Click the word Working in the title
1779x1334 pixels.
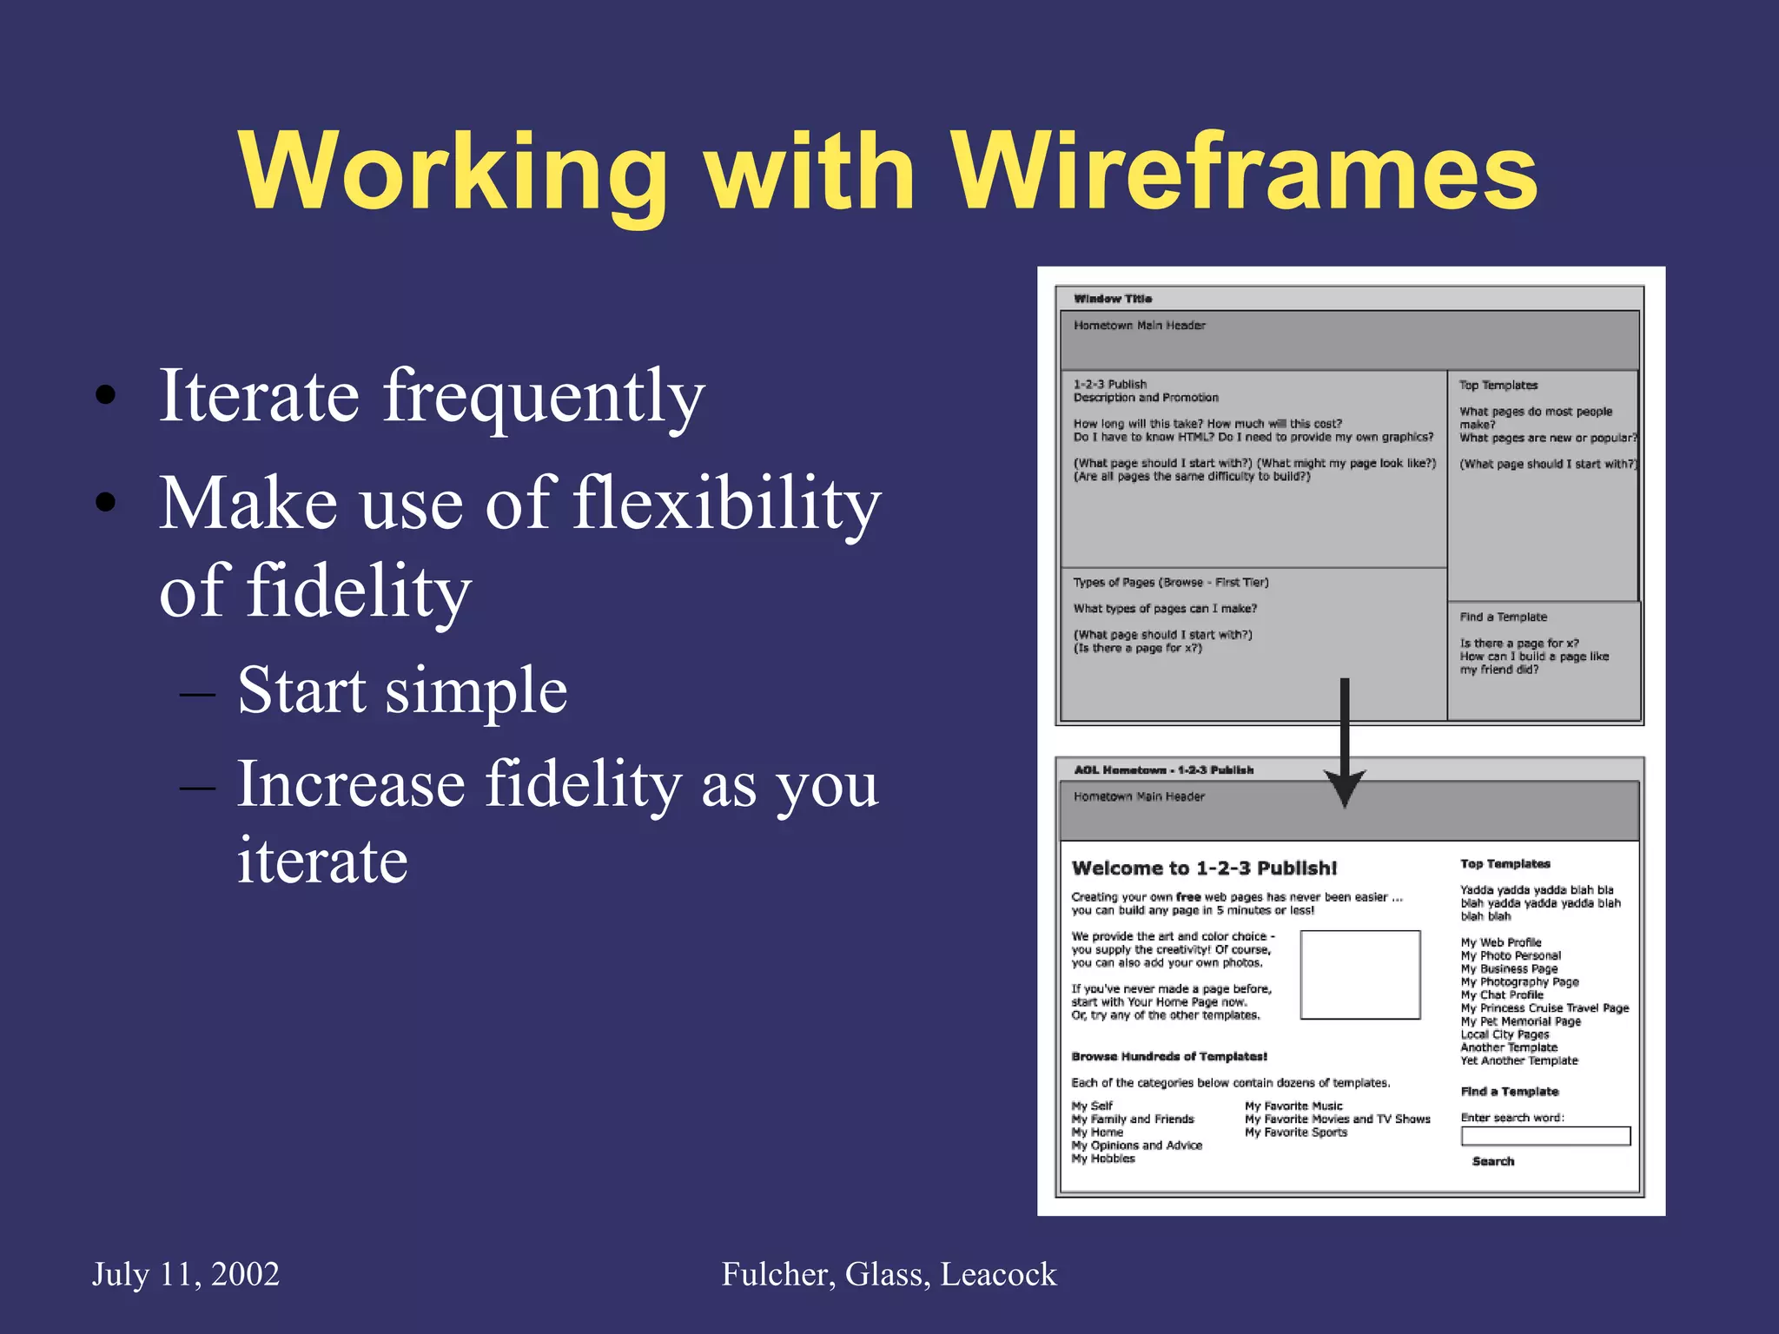(x=453, y=171)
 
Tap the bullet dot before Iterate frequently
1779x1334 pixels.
(x=106, y=395)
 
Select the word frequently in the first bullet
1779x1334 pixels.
(x=544, y=398)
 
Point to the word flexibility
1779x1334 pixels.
(x=727, y=504)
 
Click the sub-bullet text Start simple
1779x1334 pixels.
(x=402, y=690)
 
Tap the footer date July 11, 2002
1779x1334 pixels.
(x=186, y=1274)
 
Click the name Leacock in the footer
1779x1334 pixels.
(x=998, y=1274)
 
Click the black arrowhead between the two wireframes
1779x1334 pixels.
(x=1344, y=786)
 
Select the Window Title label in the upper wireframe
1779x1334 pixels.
(x=1113, y=299)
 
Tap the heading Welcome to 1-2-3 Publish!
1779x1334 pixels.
(x=1204, y=868)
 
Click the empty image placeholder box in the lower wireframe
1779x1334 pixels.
(x=1359, y=974)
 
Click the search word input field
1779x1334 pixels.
(x=1545, y=1136)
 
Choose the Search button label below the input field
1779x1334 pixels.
(x=1493, y=1161)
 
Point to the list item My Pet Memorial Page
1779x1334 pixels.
(x=1520, y=1021)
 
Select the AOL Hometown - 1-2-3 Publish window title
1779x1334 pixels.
(x=1163, y=770)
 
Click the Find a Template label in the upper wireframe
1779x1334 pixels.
(x=1503, y=617)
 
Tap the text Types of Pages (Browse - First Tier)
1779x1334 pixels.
(x=1170, y=582)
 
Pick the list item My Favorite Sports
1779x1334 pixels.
(x=1295, y=1133)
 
